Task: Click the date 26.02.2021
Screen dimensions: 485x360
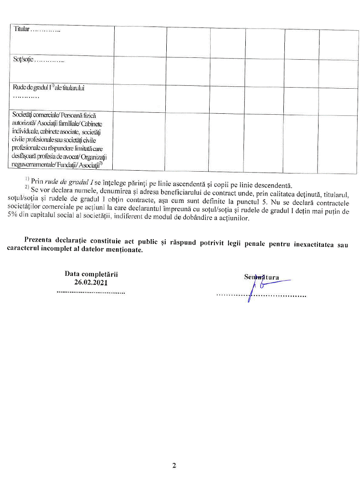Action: pyautogui.click(x=91, y=282)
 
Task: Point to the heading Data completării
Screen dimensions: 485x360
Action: pyautogui.click(x=91, y=274)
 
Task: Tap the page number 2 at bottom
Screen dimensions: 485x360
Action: pyautogui.click(x=174, y=465)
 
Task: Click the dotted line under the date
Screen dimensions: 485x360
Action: pyautogui.click(x=91, y=292)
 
